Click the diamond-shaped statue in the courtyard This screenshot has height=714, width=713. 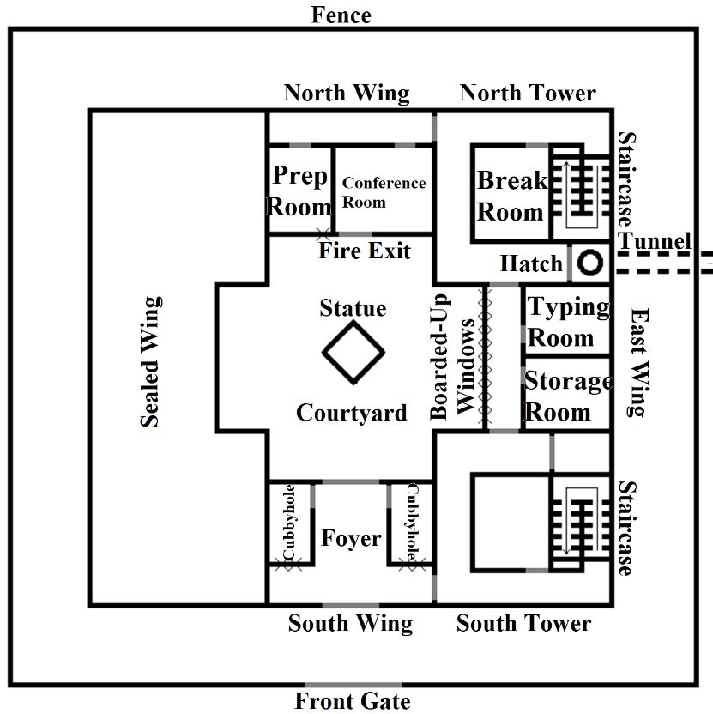coord(353,353)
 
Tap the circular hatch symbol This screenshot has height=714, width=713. coord(589,263)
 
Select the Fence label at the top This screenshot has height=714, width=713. coord(341,15)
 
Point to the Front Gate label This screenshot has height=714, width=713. coord(353,701)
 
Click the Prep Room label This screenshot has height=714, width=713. coord(300,191)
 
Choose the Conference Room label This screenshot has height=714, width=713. coord(384,191)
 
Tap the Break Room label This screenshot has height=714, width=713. coord(512,196)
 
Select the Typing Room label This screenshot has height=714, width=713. coord(567,322)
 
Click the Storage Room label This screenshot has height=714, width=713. coord(568,396)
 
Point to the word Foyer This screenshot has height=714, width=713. coord(351,538)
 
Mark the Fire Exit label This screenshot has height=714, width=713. coord(365,251)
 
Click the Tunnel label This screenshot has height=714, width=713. coord(655,240)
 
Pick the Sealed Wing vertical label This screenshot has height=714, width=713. coord(150,361)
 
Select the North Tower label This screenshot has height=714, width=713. coord(528,93)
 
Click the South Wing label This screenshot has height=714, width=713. coord(350,623)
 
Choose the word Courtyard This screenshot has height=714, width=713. coord(351,413)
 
